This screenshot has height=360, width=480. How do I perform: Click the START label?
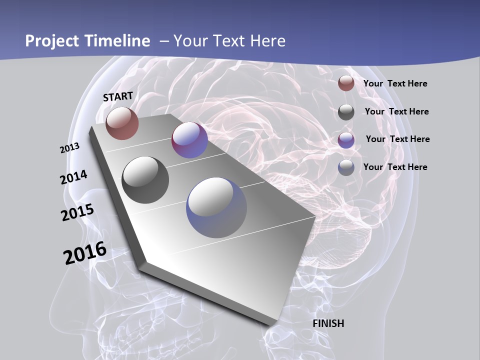[118, 96]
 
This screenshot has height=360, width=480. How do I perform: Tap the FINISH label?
[328, 323]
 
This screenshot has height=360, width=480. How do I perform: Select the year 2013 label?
[70, 147]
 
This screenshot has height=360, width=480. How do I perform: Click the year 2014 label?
[74, 177]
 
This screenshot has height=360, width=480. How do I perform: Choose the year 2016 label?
[85, 253]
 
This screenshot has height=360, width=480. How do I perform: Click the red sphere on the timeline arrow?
[122, 123]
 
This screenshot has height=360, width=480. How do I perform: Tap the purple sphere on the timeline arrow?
[189, 140]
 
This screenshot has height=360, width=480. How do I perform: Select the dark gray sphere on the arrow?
[145, 179]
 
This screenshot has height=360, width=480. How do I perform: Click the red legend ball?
[346, 83]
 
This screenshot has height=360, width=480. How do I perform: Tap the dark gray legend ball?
[346, 112]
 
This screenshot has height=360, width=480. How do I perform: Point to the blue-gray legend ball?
[346, 167]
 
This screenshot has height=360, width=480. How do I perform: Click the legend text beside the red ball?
[395, 83]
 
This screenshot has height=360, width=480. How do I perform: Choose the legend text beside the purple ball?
[397, 139]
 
